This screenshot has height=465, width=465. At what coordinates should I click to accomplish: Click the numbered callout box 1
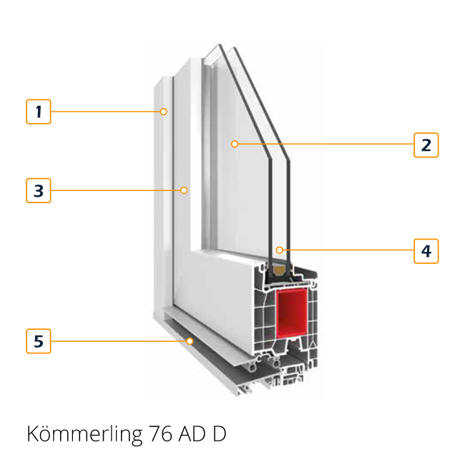[x=39, y=112]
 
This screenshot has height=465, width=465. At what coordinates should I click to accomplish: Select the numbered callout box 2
[x=426, y=145]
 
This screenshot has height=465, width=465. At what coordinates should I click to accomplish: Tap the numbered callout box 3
[x=39, y=190]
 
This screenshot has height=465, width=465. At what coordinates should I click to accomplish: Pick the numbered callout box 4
[x=426, y=251]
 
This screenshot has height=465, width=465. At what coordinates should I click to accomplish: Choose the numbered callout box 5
[x=39, y=341]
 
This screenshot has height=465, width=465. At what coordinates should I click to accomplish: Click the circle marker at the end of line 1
[x=163, y=112]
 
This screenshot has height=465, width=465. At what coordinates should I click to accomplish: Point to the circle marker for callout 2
[x=235, y=144]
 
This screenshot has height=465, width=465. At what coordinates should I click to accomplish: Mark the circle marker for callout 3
[x=184, y=190]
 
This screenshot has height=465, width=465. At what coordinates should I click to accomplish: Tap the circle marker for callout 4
[x=279, y=250]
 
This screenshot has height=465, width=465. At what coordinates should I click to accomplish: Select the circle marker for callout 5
[x=190, y=341]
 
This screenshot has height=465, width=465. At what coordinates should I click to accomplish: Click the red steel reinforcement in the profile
[x=292, y=313]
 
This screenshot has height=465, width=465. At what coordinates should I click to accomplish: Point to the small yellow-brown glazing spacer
[x=279, y=270]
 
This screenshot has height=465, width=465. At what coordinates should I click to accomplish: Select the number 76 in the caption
[x=160, y=434]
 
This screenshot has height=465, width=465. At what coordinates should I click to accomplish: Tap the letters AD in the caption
[x=192, y=434]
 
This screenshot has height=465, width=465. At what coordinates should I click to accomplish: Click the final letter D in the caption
[x=220, y=434]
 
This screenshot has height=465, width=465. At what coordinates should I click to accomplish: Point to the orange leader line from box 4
[x=348, y=250]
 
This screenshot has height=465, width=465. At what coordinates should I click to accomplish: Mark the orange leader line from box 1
[x=105, y=112]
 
